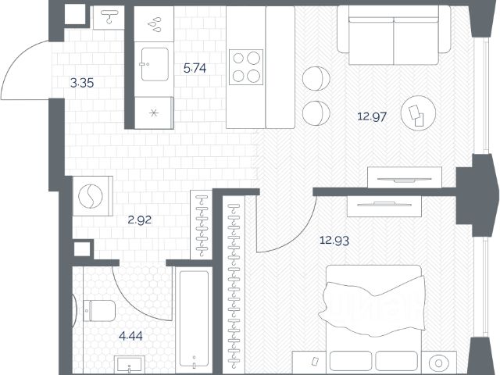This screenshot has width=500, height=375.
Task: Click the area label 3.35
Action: click(82, 84)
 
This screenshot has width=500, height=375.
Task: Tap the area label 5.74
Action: click(195, 68)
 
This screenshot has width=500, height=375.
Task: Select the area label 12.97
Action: click(372, 116)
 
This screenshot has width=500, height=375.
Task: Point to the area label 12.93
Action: click(334, 240)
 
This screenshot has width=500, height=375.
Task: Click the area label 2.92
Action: click(140, 220)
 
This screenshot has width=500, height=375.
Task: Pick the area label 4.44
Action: click(130, 336)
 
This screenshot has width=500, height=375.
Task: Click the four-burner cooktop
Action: click(246, 67)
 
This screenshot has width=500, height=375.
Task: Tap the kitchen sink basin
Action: click(155, 64)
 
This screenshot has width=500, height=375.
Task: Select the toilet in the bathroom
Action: click(99, 311)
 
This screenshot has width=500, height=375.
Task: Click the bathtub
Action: click(195, 319)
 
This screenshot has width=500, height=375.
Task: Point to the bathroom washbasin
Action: click(130, 365)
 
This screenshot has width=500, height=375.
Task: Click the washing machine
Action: click(92, 196)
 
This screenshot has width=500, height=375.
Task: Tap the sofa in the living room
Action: click(394, 35)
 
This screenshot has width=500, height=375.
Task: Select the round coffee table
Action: click(419, 112)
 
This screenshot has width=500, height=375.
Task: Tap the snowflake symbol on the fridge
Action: click(154, 112)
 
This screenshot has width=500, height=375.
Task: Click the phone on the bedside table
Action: click(315, 361)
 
